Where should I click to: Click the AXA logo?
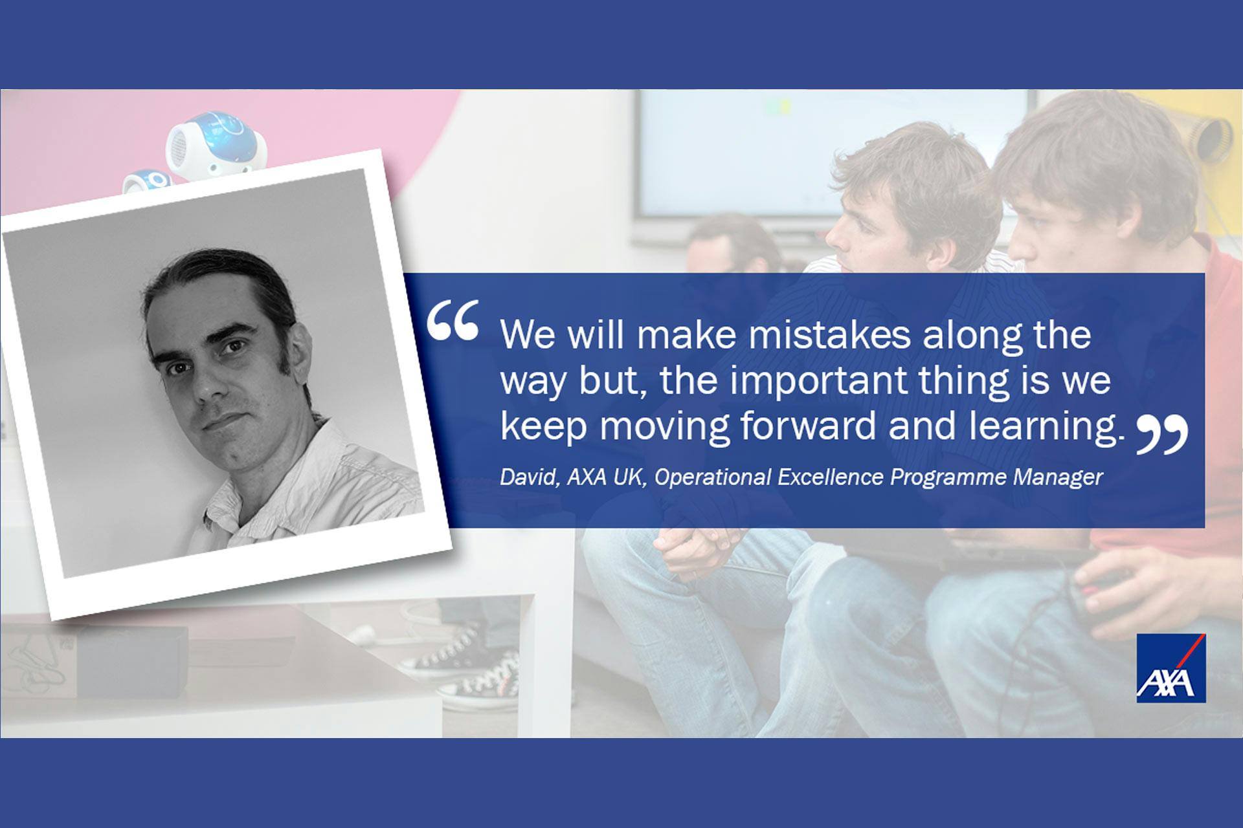tap(1171, 668)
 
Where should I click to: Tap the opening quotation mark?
tap(453, 320)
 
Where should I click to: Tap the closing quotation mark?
tap(1163, 435)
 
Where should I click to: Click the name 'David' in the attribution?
tap(528, 477)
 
